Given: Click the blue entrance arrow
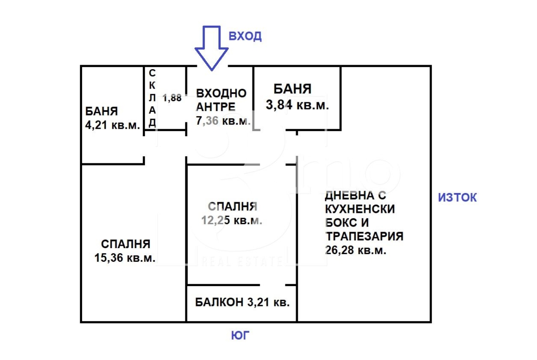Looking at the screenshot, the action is pyautogui.click(x=212, y=48).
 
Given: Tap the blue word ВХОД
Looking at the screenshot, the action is pyautogui.click(x=245, y=36).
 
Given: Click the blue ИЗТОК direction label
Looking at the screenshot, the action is pyautogui.click(x=458, y=198).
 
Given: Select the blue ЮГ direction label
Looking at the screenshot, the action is pyautogui.click(x=241, y=335).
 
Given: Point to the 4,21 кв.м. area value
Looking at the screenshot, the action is pyautogui.click(x=112, y=125).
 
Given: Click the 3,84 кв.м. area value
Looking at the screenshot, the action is pyautogui.click(x=297, y=105).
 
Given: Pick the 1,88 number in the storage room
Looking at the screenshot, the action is pyautogui.click(x=172, y=98).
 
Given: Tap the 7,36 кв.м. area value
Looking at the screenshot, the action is pyautogui.click(x=224, y=121).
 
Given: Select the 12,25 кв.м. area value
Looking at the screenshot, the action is pyautogui.click(x=232, y=220).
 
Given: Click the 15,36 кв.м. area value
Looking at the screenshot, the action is pyautogui.click(x=125, y=257).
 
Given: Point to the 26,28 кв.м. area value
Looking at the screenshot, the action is pyautogui.click(x=356, y=250).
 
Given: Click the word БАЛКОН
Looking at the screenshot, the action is pyautogui.click(x=219, y=302).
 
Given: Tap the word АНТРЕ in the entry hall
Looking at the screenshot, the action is pyautogui.click(x=216, y=107).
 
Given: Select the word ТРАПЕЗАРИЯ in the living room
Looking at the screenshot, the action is pyautogui.click(x=364, y=236).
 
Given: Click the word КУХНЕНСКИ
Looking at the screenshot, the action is pyautogui.click(x=360, y=209).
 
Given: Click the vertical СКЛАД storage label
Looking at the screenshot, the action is pyautogui.click(x=152, y=98).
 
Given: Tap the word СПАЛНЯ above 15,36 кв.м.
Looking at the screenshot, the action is pyautogui.click(x=126, y=244).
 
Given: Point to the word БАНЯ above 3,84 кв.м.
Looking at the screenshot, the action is pyautogui.click(x=292, y=89).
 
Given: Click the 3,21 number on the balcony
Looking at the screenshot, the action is pyautogui.click(x=258, y=302).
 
